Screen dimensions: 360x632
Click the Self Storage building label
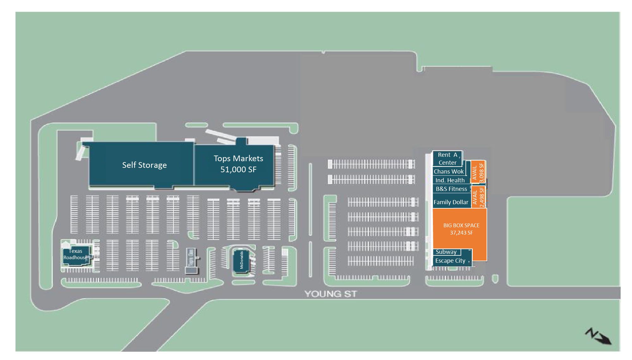point(144,165)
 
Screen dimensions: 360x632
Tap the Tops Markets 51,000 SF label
point(238,164)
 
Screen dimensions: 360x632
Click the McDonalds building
point(241,260)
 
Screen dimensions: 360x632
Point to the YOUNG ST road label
point(331,294)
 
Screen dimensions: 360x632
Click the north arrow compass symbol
point(598,336)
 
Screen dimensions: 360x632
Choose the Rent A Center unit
point(447,159)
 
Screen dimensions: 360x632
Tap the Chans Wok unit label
point(448,172)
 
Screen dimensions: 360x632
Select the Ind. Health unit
point(450,180)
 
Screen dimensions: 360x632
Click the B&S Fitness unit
point(451,189)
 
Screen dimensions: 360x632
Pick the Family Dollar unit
point(451,202)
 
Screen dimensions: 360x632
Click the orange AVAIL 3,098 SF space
point(478,172)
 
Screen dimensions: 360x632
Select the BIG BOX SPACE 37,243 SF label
point(461,229)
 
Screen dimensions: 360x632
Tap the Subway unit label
point(446,252)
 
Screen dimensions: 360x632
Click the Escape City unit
point(450,261)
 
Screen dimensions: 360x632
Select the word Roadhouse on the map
point(75,258)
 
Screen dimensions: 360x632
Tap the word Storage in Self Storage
point(152,165)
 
